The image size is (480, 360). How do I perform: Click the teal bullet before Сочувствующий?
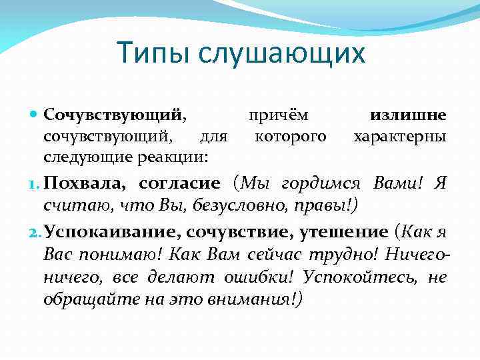tap(35, 115)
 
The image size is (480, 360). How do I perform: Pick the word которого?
tap(291, 137)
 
